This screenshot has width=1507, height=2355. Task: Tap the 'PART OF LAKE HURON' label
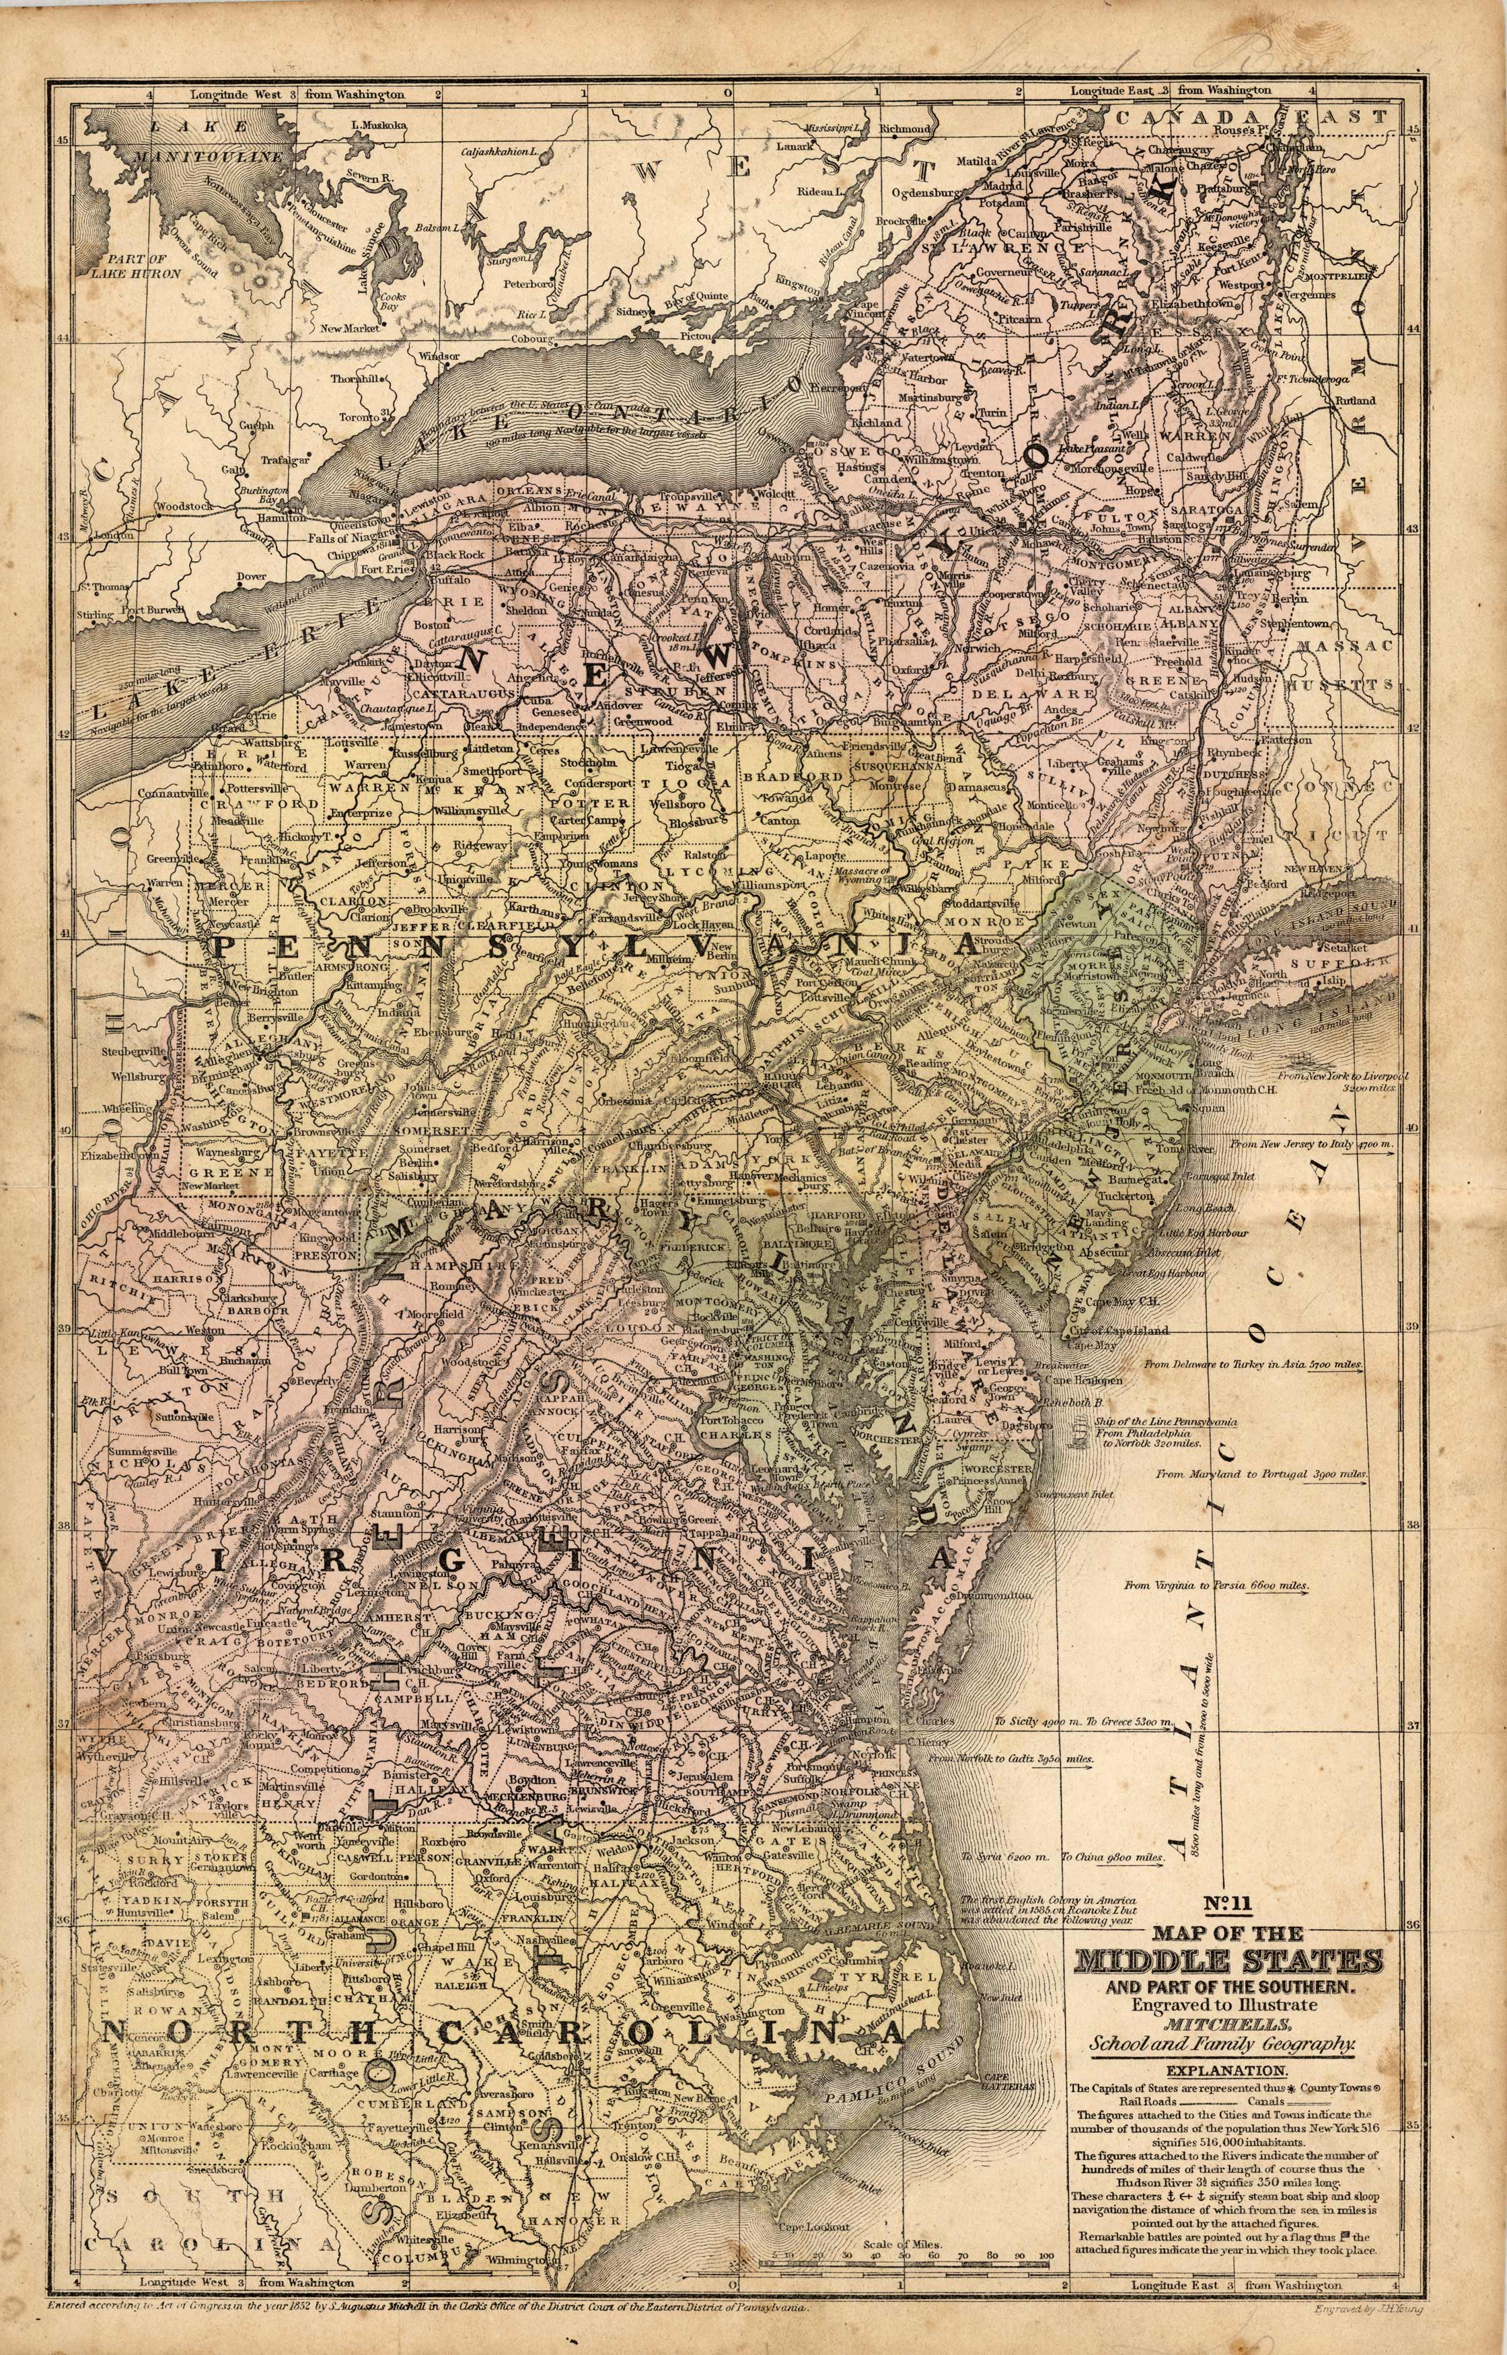[x=137, y=267]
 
